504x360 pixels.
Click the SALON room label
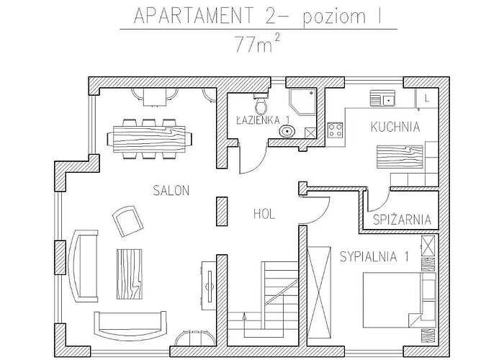coord(171,191)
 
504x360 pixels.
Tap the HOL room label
coord(264,213)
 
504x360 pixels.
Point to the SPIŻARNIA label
coord(402,220)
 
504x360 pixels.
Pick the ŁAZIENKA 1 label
coord(263,120)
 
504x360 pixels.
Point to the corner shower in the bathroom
coord(303,102)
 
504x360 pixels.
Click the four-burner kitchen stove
coord(335,130)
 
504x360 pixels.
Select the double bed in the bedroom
coord(392,295)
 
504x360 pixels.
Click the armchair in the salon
coord(127,220)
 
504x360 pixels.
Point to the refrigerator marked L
coord(426,97)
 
